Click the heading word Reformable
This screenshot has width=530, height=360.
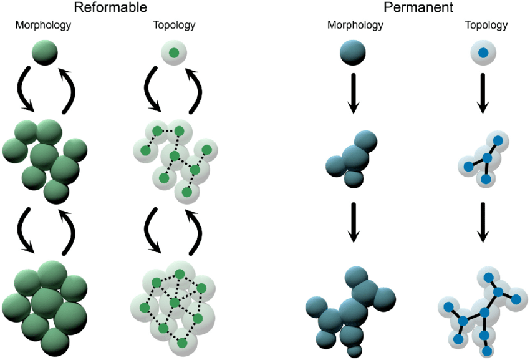110,8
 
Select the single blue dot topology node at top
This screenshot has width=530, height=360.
482,52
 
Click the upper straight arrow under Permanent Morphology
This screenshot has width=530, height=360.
353,94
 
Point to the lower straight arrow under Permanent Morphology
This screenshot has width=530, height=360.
353,223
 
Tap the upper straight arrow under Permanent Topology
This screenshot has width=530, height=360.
482,94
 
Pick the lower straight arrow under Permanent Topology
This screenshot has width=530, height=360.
482,223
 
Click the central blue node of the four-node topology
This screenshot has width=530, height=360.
487,158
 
